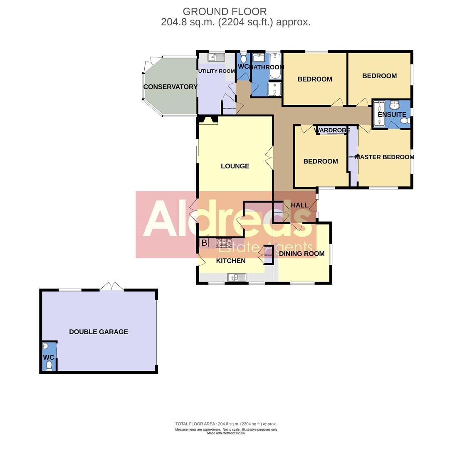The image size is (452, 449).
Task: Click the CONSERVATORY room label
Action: click(170, 87)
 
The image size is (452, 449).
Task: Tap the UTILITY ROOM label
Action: click(216, 71)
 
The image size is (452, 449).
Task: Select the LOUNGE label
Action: click(235, 166)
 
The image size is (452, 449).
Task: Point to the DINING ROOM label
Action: click(301, 254)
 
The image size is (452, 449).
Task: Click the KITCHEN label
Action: click(231, 261)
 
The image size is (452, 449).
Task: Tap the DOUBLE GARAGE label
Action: click(99, 332)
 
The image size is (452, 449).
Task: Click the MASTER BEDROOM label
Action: click(385, 157)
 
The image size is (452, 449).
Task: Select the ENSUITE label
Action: click(392, 114)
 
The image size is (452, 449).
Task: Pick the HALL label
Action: click(299, 205)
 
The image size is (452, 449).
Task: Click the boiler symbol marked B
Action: click(204, 243)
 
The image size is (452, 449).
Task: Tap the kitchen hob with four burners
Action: click(224, 243)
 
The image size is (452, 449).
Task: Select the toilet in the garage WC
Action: click(49, 365)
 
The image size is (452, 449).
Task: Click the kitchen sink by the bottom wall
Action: click(236, 277)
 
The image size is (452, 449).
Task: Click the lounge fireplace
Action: click(208, 120)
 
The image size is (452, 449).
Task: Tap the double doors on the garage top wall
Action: click(111, 287)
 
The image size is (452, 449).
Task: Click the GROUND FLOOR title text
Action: click(225, 12)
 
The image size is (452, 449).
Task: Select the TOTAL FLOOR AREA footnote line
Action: click(226, 424)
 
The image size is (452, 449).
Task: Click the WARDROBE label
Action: click(332, 131)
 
